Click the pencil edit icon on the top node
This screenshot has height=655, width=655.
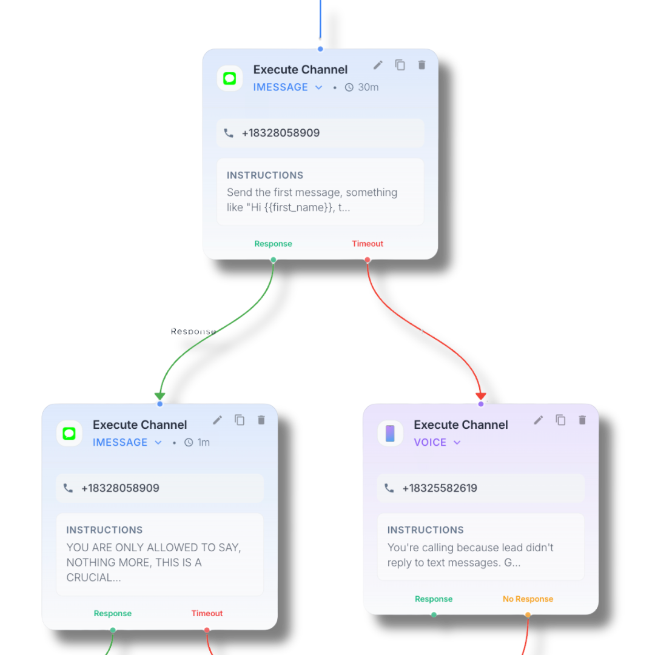click(x=378, y=65)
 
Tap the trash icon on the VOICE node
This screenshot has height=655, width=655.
click(x=582, y=420)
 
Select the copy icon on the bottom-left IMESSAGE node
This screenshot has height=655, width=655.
click(x=240, y=420)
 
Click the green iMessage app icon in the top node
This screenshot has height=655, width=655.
click(x=230, y=78)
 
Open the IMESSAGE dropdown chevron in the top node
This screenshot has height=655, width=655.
click(x=319, y=87)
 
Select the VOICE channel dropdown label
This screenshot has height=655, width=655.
click(x=430, y=442)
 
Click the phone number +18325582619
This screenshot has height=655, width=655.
click(x=440, y=488)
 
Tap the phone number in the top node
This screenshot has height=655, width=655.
click(x=281, y=133)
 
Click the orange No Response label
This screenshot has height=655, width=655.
click(x=528, y=599)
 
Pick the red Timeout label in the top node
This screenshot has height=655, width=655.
click(x=368, y=244)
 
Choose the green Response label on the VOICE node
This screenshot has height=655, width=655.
click(x=434, y=599)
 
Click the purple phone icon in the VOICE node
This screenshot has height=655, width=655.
click(x=390, y=434)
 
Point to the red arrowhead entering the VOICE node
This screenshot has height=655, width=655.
click(x=481, y=396)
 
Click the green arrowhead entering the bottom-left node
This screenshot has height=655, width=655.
click(x=160, y=396)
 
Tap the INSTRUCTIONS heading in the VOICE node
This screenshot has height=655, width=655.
click(x=426, y=529)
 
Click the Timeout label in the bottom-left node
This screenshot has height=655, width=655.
click(x=207, y=613)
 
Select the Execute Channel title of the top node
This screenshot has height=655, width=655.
click(x=300, y=70)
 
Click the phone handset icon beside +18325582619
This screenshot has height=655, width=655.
click(x=389, y=488)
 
